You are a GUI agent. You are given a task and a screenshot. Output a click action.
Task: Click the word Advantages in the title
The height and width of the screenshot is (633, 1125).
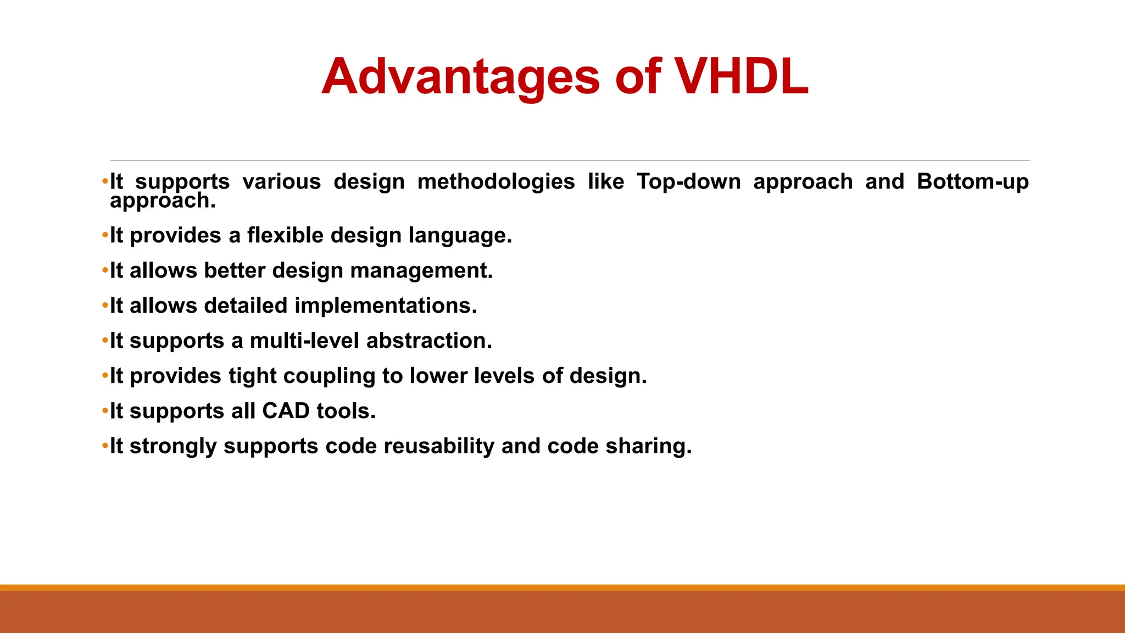click(x=460, y=77)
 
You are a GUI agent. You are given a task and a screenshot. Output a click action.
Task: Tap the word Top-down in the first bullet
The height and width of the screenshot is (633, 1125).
click(x=689, y=181)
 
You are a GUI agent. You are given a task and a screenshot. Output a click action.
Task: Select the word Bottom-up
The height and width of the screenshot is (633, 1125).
click(x=972, y=181)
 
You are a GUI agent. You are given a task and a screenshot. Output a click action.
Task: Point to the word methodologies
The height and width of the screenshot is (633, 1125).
click(x=496, y=181)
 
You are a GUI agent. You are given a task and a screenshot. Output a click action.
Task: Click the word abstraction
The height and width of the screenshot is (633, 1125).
click(x=429, y=341)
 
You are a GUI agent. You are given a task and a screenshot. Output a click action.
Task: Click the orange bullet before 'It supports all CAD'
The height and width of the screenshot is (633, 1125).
click(x=105, y=411)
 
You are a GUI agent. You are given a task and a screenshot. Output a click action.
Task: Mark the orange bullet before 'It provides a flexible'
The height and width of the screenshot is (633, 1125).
click(x=105, y=236)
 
